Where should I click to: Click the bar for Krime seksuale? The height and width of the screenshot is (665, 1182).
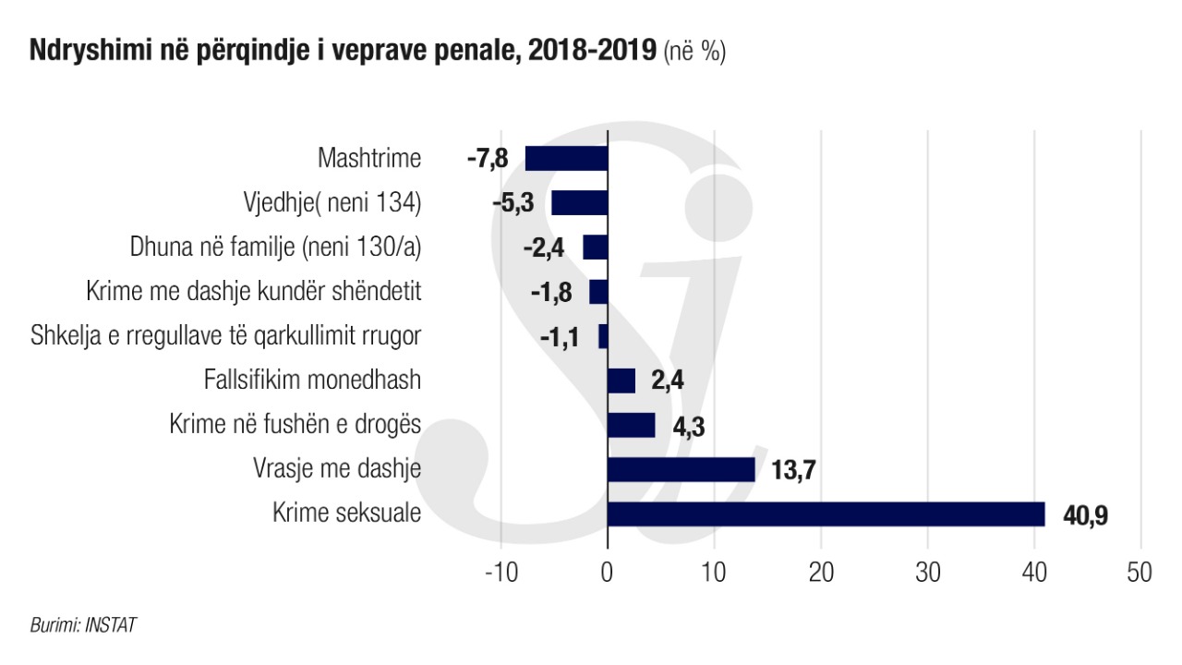(x=826, y=514)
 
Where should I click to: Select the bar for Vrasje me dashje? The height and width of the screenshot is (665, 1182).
(x=681, y=469)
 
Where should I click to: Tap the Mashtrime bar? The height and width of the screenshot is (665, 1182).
(x=566, y=159)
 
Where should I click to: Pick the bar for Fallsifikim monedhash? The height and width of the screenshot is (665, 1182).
(x=621, y=381)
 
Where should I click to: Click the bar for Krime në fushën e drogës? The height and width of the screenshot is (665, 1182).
(x=631, y=425)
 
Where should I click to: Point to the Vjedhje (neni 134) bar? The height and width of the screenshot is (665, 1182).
(x=579, y=203)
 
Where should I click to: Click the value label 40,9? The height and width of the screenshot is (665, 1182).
(x=1085, y=515)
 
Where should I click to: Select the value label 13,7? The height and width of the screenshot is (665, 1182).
(x=794, y=471)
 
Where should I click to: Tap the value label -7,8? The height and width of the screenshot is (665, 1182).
(x=488, y=160)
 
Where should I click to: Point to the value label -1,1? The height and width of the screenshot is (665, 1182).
(x=560, y=337)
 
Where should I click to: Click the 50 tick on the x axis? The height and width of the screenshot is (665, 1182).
(x=1140, y=573)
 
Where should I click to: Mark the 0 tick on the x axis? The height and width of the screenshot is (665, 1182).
(x=607, y=573)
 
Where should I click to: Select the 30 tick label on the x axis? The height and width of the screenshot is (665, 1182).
(x=927, y=573)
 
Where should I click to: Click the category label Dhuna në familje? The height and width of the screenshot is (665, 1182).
(x=275, y=248)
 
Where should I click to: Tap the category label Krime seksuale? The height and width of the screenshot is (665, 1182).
(x=346, y=514)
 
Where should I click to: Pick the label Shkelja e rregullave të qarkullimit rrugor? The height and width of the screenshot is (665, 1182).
(x=226, y=336)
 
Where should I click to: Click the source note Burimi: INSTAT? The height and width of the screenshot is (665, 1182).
(x=83, y=625)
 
